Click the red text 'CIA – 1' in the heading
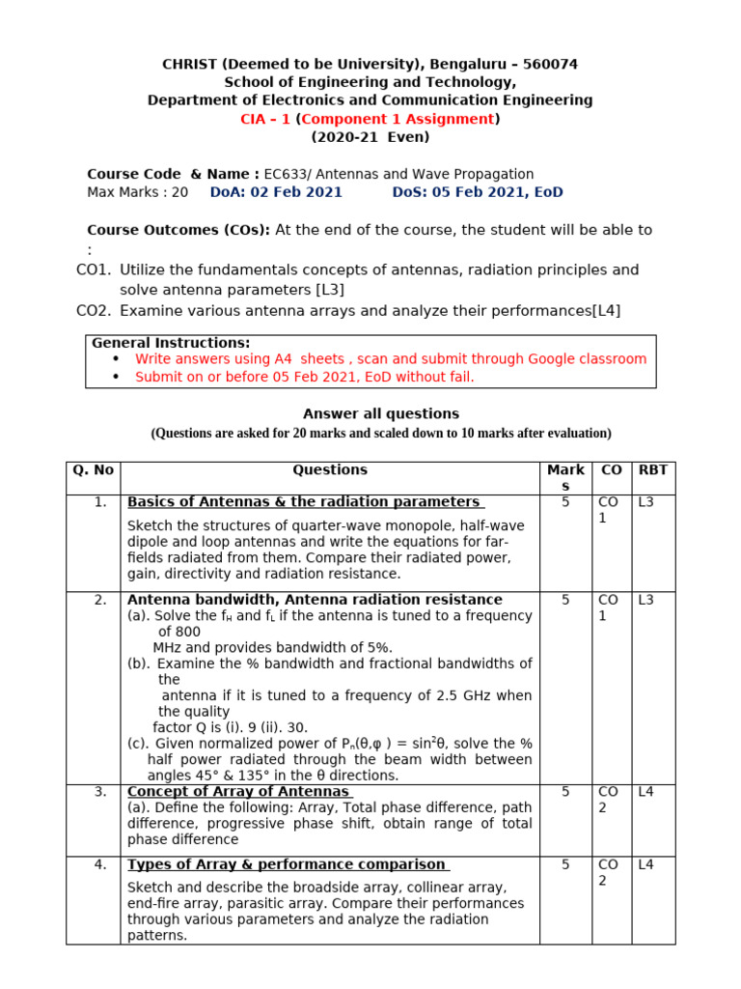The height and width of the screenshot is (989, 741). [x=265, y=119]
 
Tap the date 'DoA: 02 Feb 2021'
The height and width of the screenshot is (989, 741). [x=276, y=192]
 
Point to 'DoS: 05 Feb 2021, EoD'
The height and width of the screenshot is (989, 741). [x=477, y=192]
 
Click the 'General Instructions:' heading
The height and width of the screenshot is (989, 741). [x=171, y=343]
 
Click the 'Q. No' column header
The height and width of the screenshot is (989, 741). [x=93, y=470]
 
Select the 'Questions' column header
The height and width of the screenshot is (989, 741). [x=330, y=470]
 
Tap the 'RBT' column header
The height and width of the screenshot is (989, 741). [x=653, y=470]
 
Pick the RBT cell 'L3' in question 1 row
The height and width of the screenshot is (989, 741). [x=645, y=502]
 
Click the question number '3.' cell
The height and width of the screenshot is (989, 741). [x=100, y=792]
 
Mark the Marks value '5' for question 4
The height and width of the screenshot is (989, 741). [x=565, y=864]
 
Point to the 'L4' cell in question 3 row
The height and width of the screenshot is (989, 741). [x=645, y=792]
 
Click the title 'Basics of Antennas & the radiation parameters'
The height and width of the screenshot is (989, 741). [x=304, y=502]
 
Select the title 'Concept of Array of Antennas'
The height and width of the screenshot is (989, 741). [x=238, y=792]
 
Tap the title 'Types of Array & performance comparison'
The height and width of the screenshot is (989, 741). [x=287, y=864]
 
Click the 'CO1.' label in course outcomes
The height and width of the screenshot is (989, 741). [x=94, y=270]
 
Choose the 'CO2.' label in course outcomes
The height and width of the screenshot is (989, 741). [x=94, y=310]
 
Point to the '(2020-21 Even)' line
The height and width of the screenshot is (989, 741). [x=370, y=137]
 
